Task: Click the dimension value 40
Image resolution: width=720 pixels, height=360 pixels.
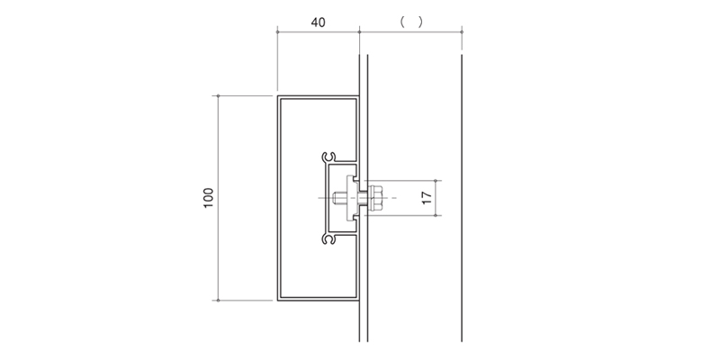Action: pyautogui.click(x=319, y=22)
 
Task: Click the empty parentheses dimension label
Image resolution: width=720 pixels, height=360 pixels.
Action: pyautogui.click(x=411, y=22)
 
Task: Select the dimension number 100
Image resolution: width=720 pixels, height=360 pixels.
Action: pyautogui.click(x=209, y=198)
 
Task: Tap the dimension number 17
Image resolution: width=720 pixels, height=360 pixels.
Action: pyautogui.click(x=427, y=198)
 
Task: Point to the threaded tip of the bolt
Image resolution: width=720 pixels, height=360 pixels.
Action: pyautogui.click(x=335, y=198)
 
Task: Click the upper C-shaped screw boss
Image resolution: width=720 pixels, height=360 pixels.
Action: pyautogui.click(x=328, y=157)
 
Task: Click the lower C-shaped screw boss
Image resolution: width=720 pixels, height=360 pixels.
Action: pyautogui.click(x=328, y=238)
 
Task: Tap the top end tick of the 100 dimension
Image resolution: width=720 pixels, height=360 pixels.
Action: pyautogui.click(x=218, y=96)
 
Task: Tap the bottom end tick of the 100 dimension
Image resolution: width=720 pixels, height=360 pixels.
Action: pyautogui.click(x=218, y=301)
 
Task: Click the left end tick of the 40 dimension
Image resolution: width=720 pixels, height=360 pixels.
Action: pyautogui.click(x=277, y=31)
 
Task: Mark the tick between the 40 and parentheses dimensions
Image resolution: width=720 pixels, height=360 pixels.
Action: pyautogui.click(x=359, y=31)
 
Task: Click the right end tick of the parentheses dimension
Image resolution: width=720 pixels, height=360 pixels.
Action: pyautogui.click(x=462, y=31)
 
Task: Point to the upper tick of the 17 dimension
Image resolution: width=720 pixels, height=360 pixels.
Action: pyautogui.click(x=436, y=181)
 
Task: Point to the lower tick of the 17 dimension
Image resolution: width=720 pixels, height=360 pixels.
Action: pyautogui.click(x=436, y=215)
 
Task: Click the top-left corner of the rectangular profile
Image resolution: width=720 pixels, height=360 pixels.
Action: pyautogui.click(x=277, y=96)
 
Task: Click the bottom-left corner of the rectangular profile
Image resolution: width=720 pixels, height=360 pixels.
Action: pyautogui.click(x=277, y=301)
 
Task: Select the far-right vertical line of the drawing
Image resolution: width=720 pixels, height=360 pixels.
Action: pyautogui.click(x=462, y=198)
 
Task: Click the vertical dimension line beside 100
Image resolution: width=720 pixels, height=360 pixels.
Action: pyautogui.click(x=218, y=198)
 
